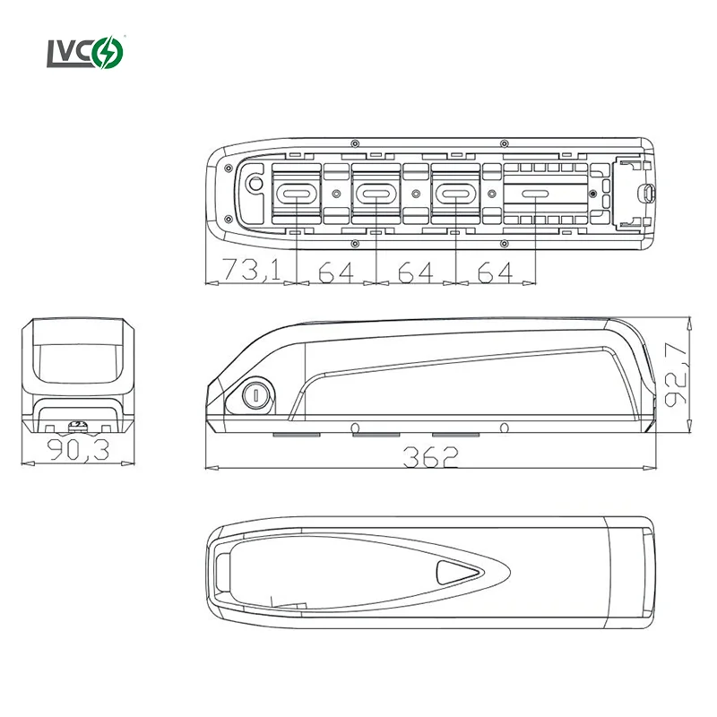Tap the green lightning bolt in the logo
coord(115,52)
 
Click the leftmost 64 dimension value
coord(336,272)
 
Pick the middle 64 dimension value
coord(416,272)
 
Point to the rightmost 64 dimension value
coord(496,272)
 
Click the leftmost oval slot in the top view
coord(296,194)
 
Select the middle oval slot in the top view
coord(376,194)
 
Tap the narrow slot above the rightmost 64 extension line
coord(535,194)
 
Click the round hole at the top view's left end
coord(255,184)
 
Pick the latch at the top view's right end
coord(646,192)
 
